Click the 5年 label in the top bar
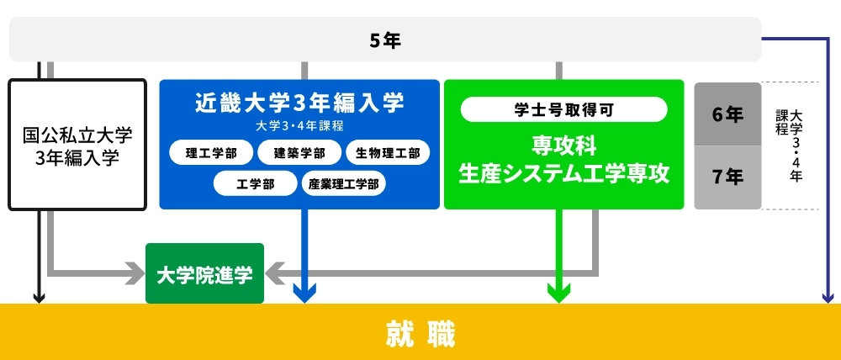pyautogui.click(x=385, y=40)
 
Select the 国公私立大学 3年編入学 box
pyautogui.click(x=77, y=145)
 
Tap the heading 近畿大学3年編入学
pyautogui.click(x=299, y=103)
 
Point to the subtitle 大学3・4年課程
pyautogui.click(x=299, y=126)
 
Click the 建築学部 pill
pyautogui.click(x=299, y=153)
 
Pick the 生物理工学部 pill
pyautogui.click(x=388, y=153)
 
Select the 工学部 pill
pyautogui.click(x=255, y=183)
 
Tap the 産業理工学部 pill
pyautogui.click(x=343, y=183)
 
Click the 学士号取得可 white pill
pyautogui.click(x=564, y=109)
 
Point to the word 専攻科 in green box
pyautogui.click(x=564, y=144)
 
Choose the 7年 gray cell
pyautogui.click(x=727, y=177)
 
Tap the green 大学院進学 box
pyautogui.click(x=204, y=273)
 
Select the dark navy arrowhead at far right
pyautogui.click(x=827, y=296)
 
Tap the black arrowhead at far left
pyautogui.click(x=38, y=296)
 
